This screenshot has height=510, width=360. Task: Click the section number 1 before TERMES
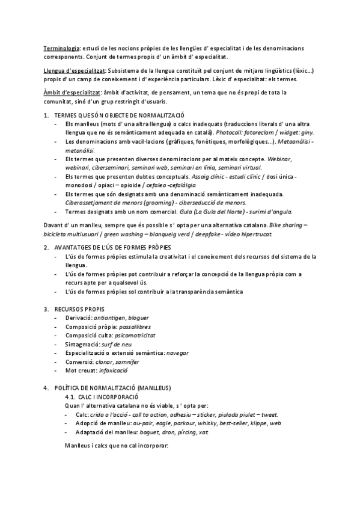point(46,115)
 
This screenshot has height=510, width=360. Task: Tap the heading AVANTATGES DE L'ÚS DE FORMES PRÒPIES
point(112,247)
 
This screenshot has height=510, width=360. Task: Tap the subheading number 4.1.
point(71,398)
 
